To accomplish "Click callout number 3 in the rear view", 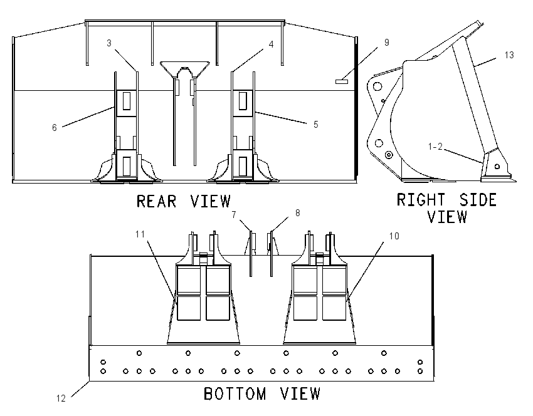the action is (108, 43).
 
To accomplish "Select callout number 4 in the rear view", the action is (271, 44).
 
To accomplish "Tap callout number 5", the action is (316, 125).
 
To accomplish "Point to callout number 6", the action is (55, 127).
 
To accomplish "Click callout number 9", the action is (386, 43).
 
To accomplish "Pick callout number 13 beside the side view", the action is (509, 55).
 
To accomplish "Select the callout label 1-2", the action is (435, 147).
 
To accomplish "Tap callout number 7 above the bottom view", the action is (234, 215).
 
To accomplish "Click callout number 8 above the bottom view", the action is (297, 213).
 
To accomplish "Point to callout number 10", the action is (394, 236).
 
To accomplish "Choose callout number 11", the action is (140, 234).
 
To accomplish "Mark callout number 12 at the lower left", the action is (61, 398).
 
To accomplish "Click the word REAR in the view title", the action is (156, 201).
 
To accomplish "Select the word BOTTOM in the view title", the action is (235, 393).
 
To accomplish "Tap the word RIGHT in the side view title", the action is (421, 200).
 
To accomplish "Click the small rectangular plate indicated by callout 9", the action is (342, 81).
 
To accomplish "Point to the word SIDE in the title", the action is (478, 200).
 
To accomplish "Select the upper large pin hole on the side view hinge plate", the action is (377, 86).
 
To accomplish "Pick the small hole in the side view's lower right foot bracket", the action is (497, 167).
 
